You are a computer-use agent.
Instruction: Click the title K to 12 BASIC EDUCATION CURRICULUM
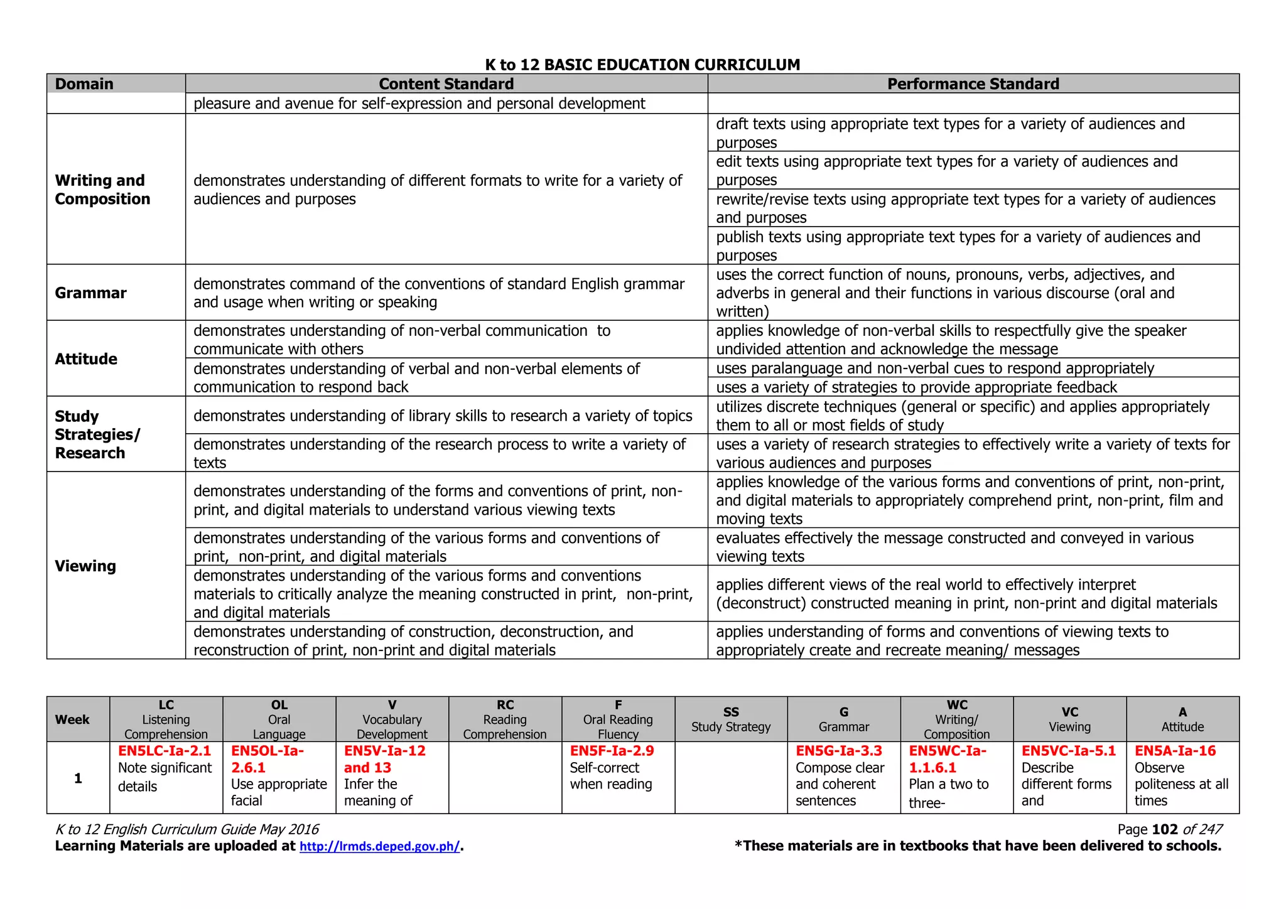tap(642, 65)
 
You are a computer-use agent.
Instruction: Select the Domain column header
tap(84, 84)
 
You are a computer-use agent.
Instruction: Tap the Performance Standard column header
tap(973, 84)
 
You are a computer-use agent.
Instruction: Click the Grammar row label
tap(90, 293)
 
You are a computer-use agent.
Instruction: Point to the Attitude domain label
tap(86, 359)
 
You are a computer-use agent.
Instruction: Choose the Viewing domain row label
tap(85, 566)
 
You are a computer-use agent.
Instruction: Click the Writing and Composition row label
tap(102, 190)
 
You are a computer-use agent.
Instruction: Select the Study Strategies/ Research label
tap(97, 434)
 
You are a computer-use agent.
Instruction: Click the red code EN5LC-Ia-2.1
tap(165, 751)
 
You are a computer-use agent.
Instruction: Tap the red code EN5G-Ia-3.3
tap(839, 751)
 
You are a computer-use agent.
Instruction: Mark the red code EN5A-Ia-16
tap(1175, 751)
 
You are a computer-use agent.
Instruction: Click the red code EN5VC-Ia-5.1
tap(1068, 751)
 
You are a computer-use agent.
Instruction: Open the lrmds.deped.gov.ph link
tap(379, 846)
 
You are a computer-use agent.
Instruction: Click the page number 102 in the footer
tap(1165, 829)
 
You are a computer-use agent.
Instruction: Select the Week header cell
tap(72, 719)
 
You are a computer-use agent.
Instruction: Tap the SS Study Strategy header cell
tap(731, 719)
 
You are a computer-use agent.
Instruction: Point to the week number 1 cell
tap(78, 778)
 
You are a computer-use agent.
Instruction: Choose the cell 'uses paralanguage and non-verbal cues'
tap(934, 368)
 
